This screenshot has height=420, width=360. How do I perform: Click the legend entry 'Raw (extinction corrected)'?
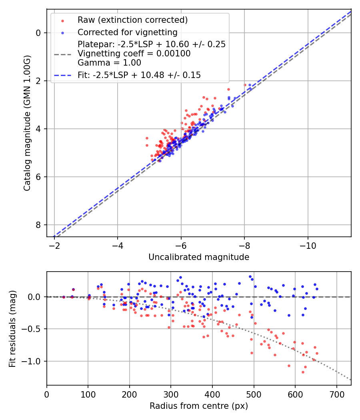tap(132, 20)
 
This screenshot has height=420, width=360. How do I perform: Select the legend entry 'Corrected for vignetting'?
tap(127, 32)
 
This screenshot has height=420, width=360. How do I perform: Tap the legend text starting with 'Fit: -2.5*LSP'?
tap(139, 75)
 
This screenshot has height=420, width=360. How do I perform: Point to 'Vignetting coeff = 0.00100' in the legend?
tap(134, 54)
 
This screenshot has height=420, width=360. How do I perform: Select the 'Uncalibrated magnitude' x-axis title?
tap(199, 257)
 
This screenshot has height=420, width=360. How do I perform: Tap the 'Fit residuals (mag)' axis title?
tap(12, 328)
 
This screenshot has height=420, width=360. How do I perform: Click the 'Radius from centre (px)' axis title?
tap(199, 406)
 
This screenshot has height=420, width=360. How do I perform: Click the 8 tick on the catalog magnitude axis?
tap(38, 225)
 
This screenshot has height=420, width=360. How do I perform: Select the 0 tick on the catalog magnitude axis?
tap(38, 33)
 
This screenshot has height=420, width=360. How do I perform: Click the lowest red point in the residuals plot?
tap(303, 372)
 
